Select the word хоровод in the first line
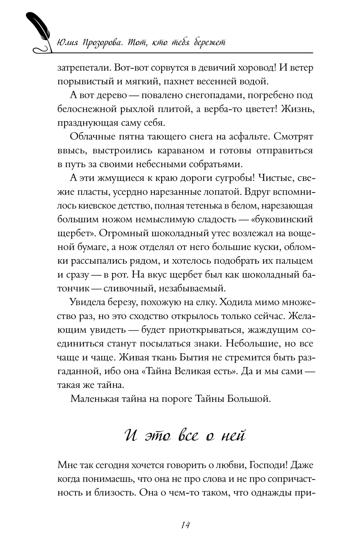[246, 68]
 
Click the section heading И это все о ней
[185, 436]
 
